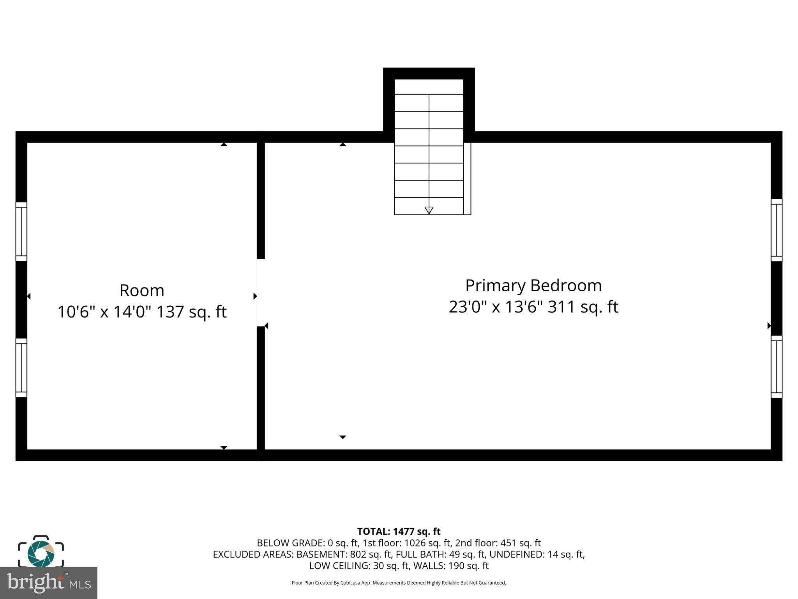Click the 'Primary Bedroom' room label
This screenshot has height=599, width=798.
click(x=533, y=285)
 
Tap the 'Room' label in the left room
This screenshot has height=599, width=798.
click(x=142, y=291)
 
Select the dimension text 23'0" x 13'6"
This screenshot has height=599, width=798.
click(x=496, y=307)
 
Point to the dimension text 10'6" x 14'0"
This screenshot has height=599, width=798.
click(x=104, y=312)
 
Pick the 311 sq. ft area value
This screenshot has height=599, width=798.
click(x=583, y=307)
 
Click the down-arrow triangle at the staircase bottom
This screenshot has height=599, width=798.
click(x=429, y=210)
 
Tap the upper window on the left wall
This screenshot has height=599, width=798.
click(x=21, y=231)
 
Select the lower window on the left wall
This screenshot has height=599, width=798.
click(x=21, y=367)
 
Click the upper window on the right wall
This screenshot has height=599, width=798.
click(x=776, y=230)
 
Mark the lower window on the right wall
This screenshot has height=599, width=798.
click(x=776, y=367)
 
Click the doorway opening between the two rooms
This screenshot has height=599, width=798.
click(x=261, y=292)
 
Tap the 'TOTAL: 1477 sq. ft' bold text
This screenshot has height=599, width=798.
click(x=399, y=532)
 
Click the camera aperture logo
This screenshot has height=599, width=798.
click(x=41, y=553)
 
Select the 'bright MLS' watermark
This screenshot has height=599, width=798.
click(x=49, y=583)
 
